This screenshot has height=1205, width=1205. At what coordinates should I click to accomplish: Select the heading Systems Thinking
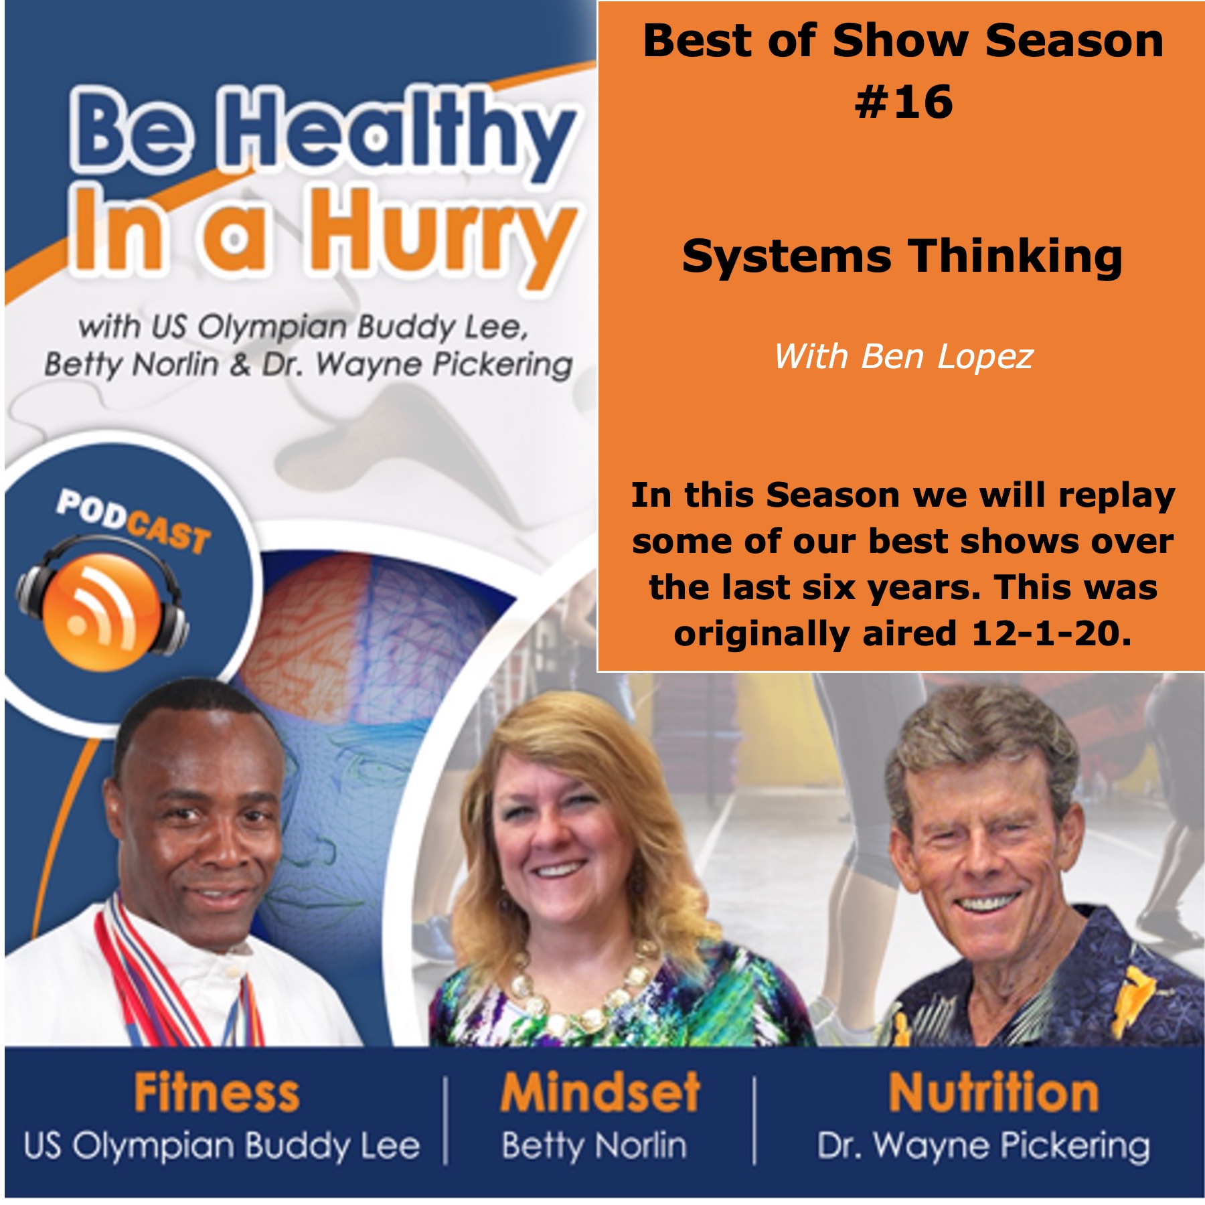902,258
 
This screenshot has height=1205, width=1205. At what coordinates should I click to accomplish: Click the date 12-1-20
1051,633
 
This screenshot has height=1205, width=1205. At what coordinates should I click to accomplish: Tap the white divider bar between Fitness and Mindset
447,1120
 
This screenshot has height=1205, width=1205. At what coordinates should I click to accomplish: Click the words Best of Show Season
903,41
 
